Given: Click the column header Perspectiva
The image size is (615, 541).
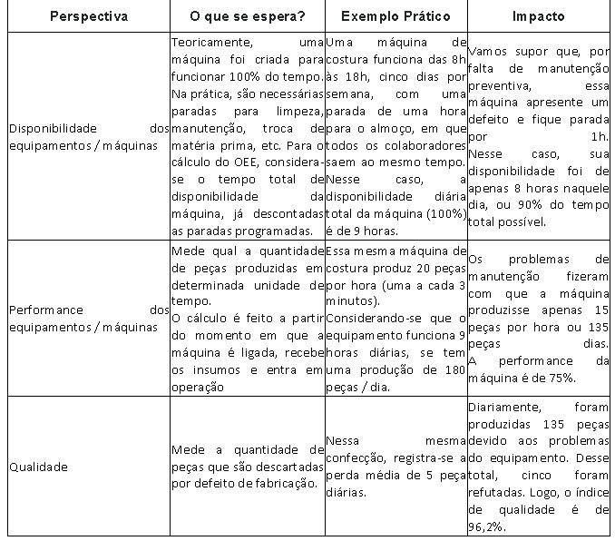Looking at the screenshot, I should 89,16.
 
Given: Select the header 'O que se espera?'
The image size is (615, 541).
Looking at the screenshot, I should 246,16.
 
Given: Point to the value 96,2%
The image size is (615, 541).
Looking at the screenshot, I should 487,526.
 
